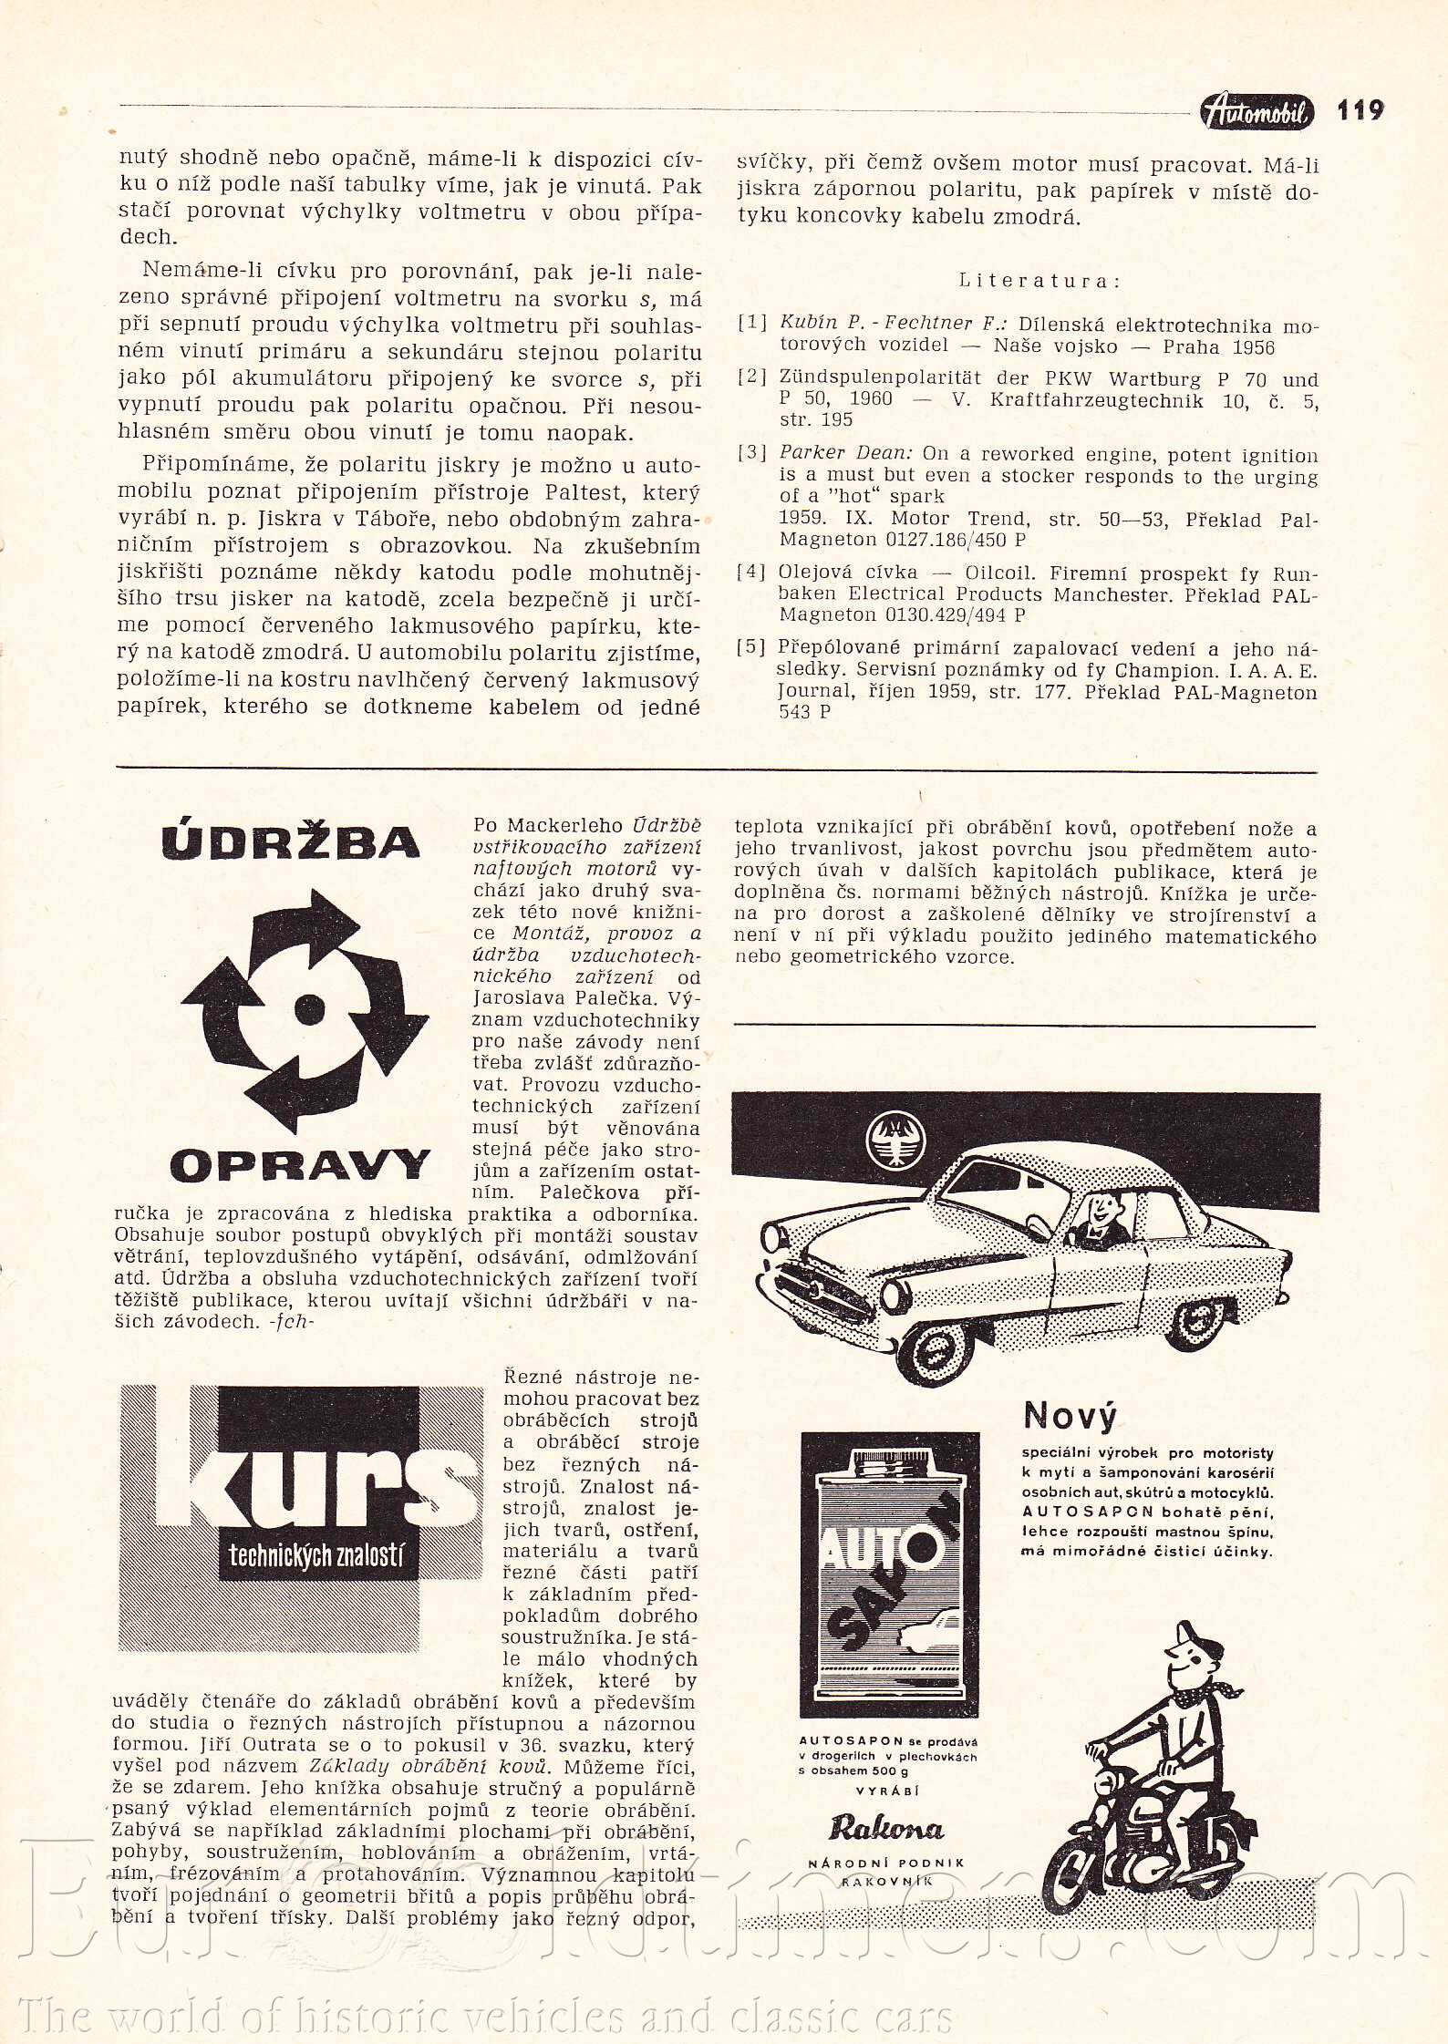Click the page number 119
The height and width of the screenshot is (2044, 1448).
1360,111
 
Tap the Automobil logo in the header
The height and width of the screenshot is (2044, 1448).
1257,111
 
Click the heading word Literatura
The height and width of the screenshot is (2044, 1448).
1039,281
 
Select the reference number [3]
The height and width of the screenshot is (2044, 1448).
752,453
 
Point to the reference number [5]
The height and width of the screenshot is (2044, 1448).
752,647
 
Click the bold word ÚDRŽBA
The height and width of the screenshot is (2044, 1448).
291,842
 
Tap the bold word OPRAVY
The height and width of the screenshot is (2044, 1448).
299,1165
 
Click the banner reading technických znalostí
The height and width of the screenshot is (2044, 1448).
315,1554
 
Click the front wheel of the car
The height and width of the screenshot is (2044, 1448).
936,1346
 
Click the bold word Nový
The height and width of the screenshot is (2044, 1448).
1070,1416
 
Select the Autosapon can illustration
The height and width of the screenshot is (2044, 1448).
890,1573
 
